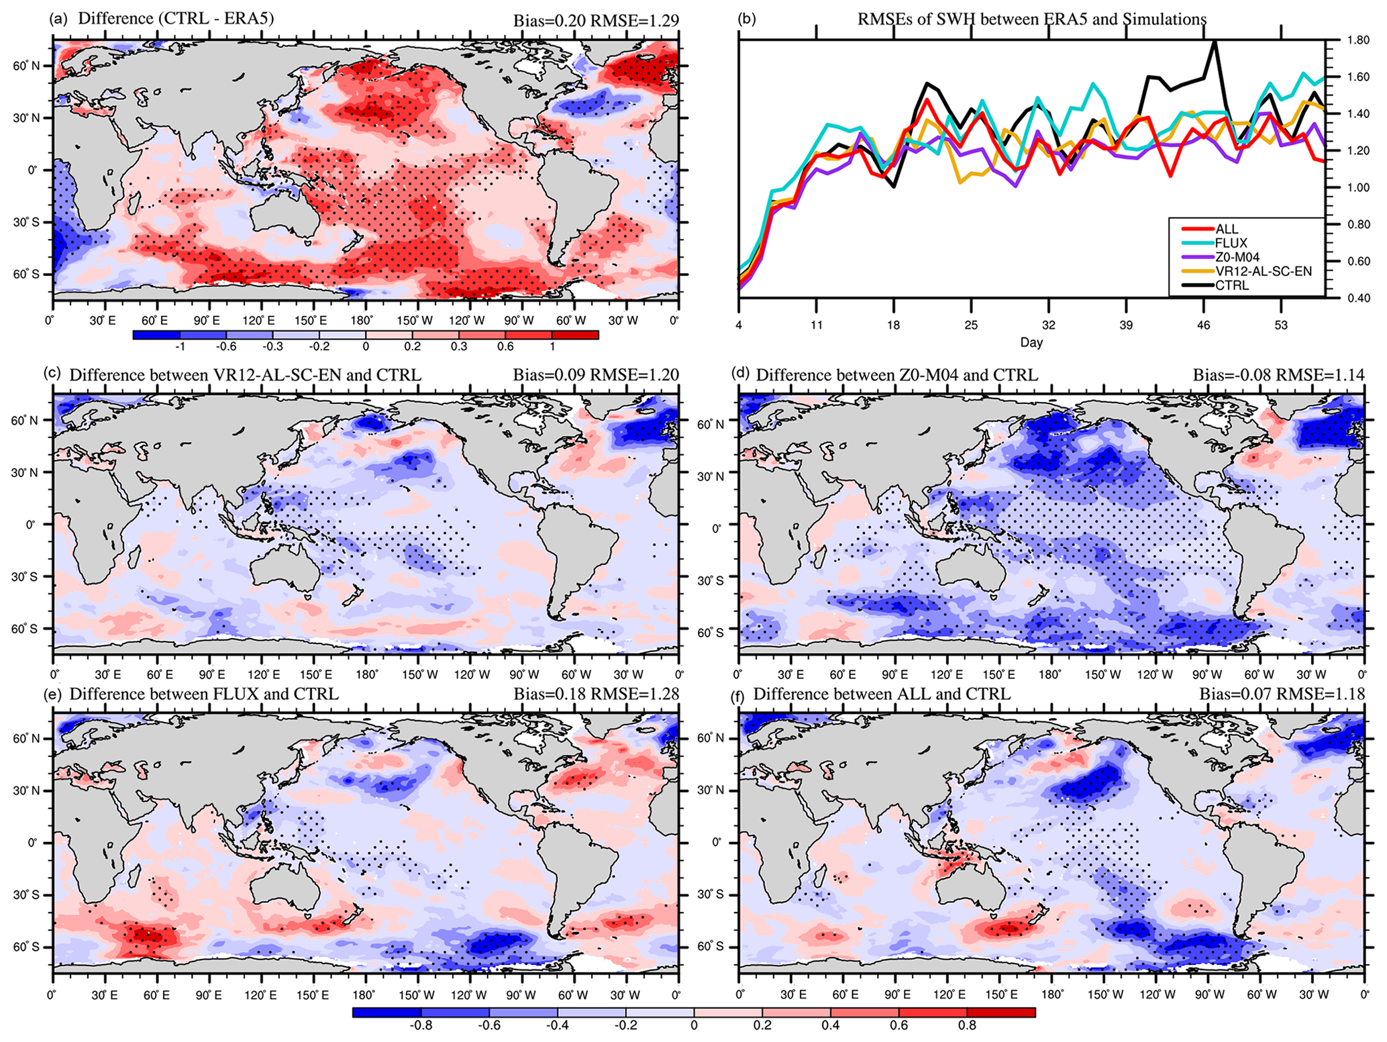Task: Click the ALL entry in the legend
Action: tap(1227, 229)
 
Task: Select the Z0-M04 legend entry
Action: tap(1237, 258)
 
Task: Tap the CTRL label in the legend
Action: tap(1232, 286)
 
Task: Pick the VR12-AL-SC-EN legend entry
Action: tap(1263, 272)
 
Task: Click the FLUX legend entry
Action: tap(1231, 244)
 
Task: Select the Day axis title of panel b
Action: tap(1031, 343)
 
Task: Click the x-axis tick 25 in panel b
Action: tap(971, 325)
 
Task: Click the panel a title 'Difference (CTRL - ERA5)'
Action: tap(176, 18)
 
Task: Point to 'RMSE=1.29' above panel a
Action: tap(634, 21)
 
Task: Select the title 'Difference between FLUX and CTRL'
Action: tap(204, 693)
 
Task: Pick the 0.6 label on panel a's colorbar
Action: tap(505, 347)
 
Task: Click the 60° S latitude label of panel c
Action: tap(24, 629)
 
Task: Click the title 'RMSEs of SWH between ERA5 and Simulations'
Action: tap(1032, 19)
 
